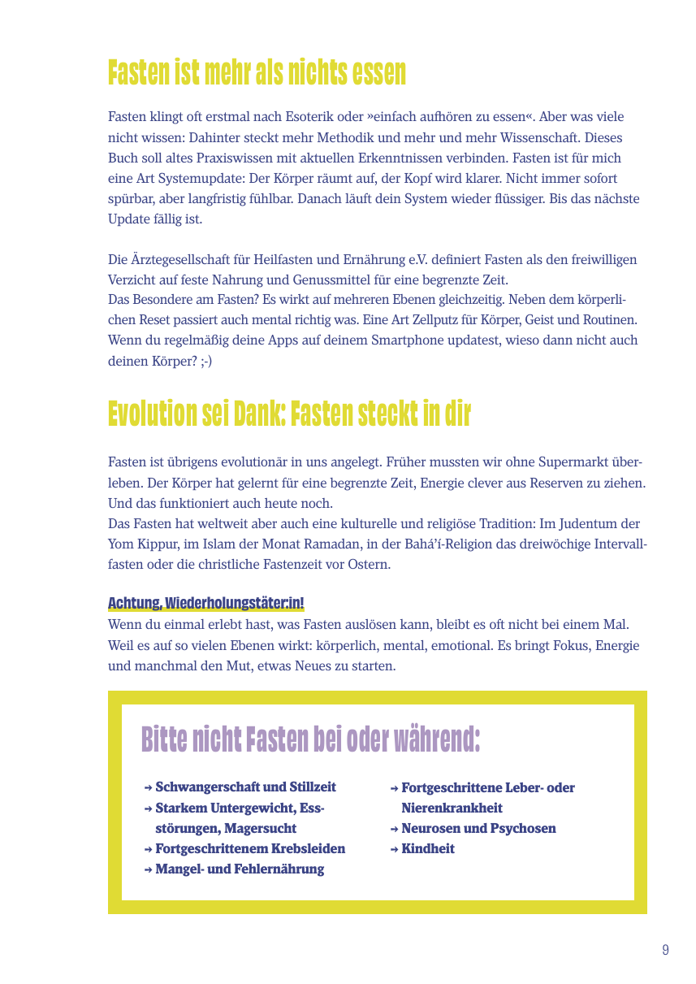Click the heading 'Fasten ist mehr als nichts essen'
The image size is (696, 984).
coord(257,74)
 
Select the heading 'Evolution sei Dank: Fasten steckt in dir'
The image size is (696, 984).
coord(289,414)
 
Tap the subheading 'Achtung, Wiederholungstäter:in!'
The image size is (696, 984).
coord(206,603)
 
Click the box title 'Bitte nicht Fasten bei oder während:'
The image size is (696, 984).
coord(310,740)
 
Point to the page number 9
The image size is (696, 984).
coord(665,950)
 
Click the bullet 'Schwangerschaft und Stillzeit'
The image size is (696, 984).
coord(245,787)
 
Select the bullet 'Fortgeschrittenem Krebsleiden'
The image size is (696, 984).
coord(250,848)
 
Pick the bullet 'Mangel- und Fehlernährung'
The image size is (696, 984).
coord(240,869)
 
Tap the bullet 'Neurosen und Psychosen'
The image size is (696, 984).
coord(478,828)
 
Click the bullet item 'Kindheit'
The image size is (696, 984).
coord(428,848)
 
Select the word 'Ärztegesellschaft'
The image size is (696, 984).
coord(182,260)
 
